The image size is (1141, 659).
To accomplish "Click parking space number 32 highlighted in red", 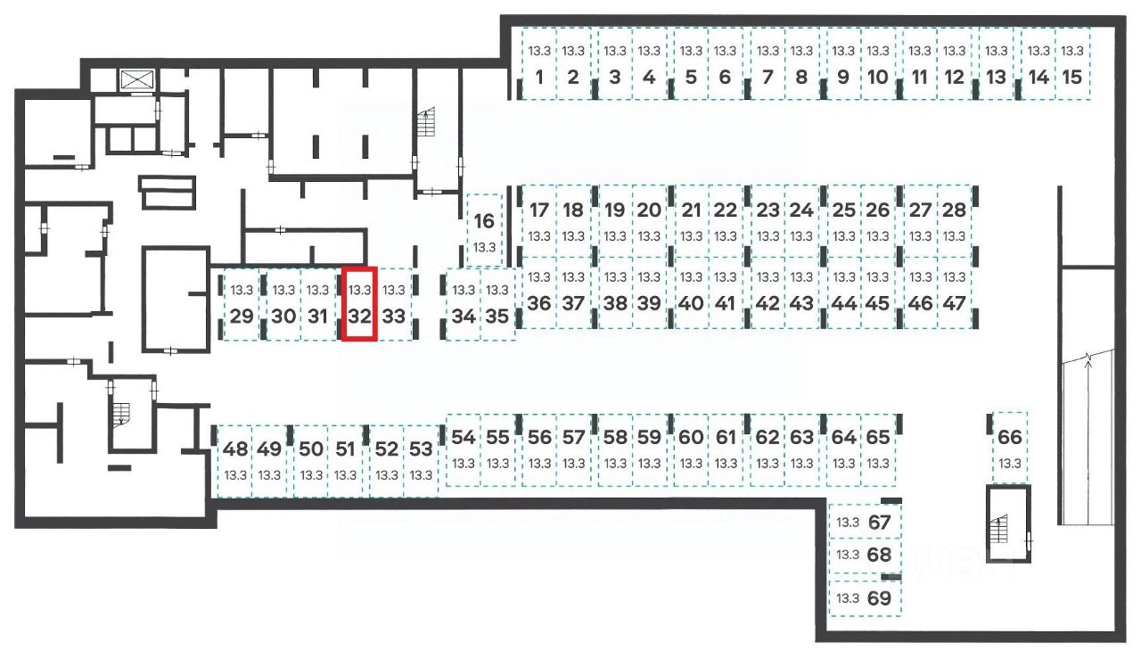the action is coord(359,304).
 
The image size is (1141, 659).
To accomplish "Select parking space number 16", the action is coord(484,230).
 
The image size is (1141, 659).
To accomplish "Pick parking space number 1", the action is coord(538,64).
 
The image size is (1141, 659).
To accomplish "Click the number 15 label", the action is coord(1072,77).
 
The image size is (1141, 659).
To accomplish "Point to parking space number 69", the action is coord(865,597).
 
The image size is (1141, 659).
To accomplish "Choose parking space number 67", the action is coord(865,523).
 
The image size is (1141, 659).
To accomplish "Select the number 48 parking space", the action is coord(235,460).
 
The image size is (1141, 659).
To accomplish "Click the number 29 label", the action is coord(241,316).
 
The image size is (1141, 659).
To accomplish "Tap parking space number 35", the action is coord(497,304).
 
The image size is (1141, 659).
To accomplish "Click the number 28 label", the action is coord(954,210).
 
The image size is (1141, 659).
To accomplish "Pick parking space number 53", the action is coord(421,460).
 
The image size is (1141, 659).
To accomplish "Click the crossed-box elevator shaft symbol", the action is coord(137,78).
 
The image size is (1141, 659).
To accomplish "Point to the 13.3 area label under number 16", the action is coord(484,247).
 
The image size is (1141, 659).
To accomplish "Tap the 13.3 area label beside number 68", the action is coord(848,555).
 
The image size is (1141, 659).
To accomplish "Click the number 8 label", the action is coord(801,77).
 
